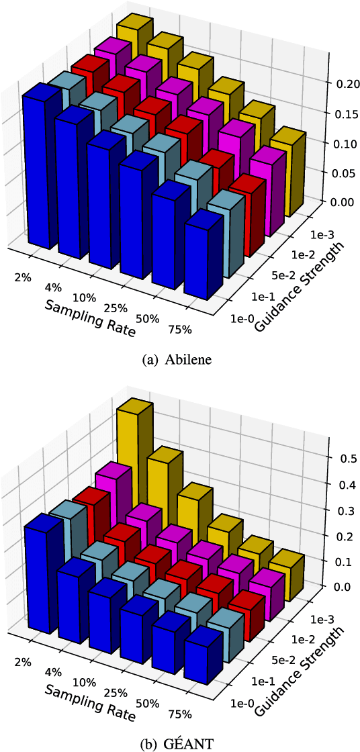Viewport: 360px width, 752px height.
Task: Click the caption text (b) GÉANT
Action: click(179, 743)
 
